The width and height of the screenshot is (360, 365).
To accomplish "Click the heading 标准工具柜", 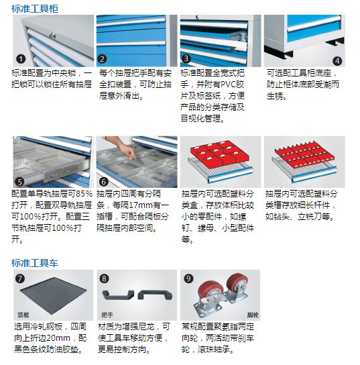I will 34,7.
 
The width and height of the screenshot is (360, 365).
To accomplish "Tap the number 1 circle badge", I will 21,58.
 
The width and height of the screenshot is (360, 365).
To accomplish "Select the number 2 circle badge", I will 103,58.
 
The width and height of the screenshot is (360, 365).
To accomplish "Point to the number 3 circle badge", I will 187,58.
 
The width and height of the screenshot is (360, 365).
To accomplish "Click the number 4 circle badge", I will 337,60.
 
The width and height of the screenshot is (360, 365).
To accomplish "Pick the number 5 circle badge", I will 20,181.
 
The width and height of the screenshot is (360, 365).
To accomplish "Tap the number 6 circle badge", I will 103,181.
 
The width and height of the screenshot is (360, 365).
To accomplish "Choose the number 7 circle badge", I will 20,278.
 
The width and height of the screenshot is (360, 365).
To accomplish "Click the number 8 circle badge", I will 103,278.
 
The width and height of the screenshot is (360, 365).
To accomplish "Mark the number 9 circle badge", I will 188,278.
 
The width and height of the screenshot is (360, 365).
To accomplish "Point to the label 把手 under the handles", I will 107,313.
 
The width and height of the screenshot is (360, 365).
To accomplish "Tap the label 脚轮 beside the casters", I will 250,313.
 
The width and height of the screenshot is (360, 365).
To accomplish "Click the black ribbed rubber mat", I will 54,295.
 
